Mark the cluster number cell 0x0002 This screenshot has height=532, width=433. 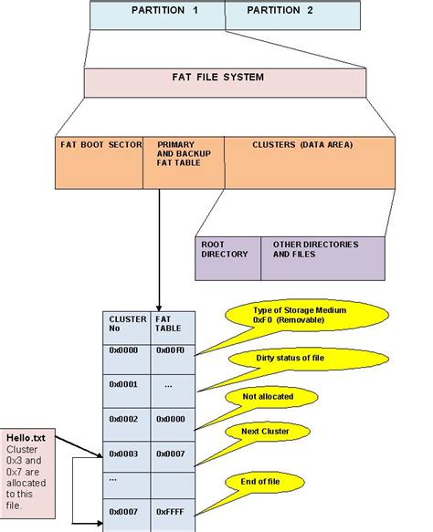[123, 418]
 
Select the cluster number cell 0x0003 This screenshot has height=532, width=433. [123, 454]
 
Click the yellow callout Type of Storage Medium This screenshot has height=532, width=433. [287, 316]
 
